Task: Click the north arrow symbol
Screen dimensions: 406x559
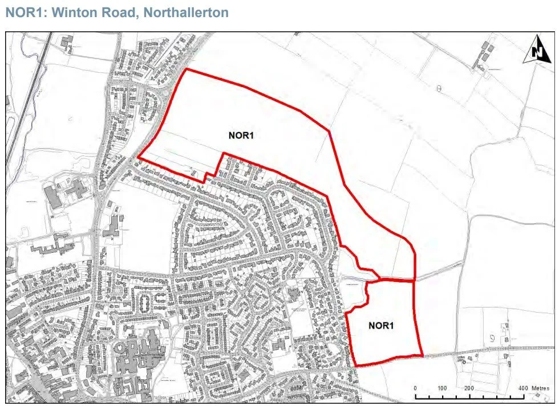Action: click(537, 50)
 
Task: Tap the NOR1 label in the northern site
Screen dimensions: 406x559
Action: click(242, 136)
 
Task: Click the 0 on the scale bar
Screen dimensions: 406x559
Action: click(416, 388)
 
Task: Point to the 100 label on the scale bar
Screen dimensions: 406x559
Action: click(442, 388)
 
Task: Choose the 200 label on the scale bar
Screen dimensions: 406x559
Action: click(469, 388)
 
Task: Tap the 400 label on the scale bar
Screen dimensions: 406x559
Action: click(523, 388)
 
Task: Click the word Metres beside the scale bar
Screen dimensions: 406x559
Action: click(540, 388)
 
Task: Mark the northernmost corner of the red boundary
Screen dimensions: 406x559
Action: click(187, 69)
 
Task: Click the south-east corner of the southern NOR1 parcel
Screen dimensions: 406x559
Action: click(423, 356)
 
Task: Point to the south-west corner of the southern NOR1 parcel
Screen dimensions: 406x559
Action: click(355, 366)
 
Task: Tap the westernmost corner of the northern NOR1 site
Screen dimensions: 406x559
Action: click(139, 156)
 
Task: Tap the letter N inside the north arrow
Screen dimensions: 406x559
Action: click(537, 51)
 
